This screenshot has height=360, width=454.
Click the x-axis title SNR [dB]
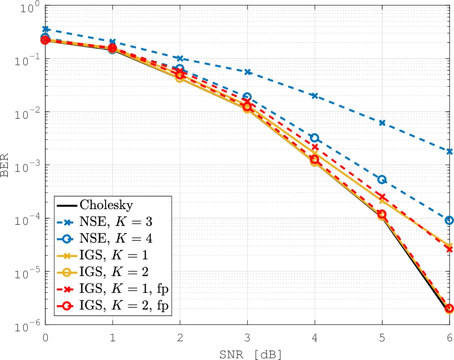[247, 354]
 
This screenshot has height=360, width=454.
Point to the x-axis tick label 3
[247, 337]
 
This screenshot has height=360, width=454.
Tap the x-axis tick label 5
[382, 337]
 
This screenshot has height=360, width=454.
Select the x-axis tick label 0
[45, 337]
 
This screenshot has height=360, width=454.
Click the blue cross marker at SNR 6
[449, 151]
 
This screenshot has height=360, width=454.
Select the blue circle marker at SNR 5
[382, 179]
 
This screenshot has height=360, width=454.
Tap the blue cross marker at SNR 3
[247, 72]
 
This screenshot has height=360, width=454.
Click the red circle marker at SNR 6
[449, 308]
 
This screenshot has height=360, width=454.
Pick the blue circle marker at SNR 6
[449, 220]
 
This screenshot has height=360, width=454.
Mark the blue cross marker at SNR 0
[45, 29]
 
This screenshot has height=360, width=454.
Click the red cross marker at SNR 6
[449, 249]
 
